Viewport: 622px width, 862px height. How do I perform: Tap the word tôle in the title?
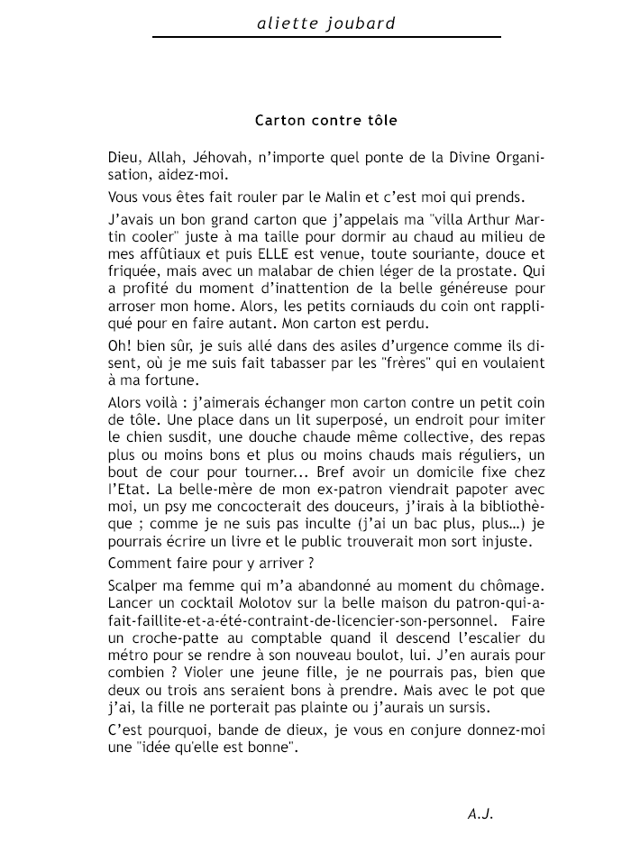pos(380,119)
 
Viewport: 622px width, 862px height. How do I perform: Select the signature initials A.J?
pos(480,813)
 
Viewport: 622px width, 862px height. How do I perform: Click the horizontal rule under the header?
pos(326,37)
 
